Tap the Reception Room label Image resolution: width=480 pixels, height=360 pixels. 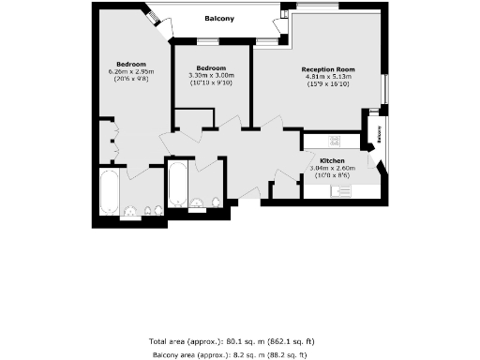coord(328,69)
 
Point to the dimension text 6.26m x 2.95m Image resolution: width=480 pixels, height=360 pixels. coord(129,71)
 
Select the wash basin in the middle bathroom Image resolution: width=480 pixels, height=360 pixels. coord(196,203)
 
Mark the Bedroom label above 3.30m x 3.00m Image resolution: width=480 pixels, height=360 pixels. coord(210,67)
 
